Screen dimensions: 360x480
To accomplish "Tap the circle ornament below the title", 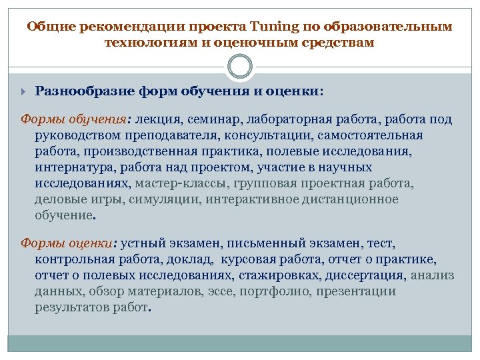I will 240,67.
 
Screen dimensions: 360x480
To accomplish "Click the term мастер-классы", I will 180,183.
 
